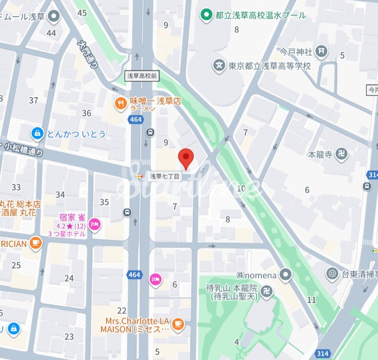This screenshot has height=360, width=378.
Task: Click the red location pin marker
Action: pyautogui.click(x=186, y=158)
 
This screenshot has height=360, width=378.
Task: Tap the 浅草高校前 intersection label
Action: pyautogui.click(x=142, y=76)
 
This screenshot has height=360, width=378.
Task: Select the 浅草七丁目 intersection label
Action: pyautogui.click(x=165, y=176)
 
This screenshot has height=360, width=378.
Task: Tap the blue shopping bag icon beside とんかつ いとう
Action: pyautogui.click(x=36, y=134)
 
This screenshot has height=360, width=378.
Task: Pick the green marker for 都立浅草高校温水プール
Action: pyautogui.click(x=206, y=15)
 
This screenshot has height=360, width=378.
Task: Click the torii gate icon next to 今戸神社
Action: pyautogui.click(x=322, y=51)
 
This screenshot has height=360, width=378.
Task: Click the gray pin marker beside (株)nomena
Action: pyautogui.click(x=285, y=274)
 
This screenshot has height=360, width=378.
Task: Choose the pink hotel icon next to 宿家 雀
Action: pyautogui.click(x=95, y=223)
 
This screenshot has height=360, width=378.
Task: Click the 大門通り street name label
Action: pyautogui.click(x=88, y=54)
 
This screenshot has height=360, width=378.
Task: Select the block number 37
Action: pyautogui.click(x=33, y=100)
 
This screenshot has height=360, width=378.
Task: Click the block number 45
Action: pyautogui.click(x=82, y=13)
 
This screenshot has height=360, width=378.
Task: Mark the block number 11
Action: pyautogui.click(x=311, y=300)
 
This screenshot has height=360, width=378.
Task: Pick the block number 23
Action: pyautogui.click(x=69, y=337)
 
